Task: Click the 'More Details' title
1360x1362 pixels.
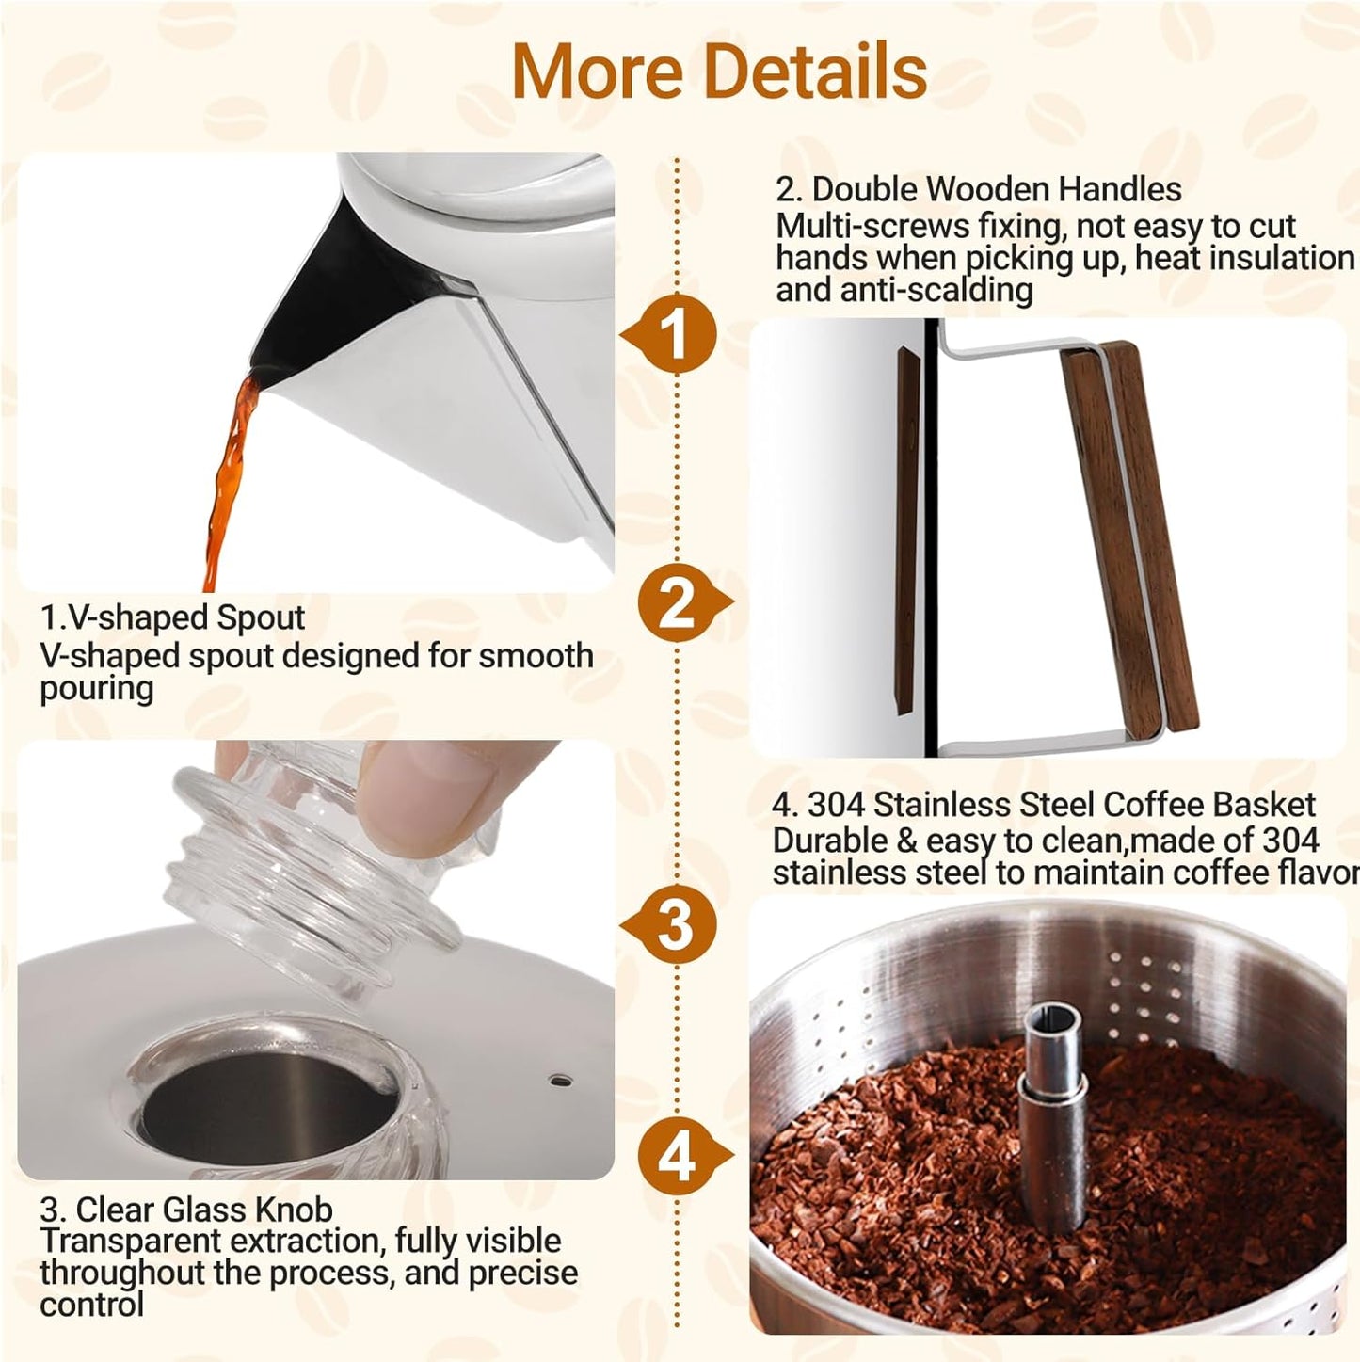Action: click(x=719, y=72)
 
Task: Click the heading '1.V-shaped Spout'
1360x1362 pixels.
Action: click(x=172, y=617)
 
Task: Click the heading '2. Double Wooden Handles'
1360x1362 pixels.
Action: click(x=978, y=189)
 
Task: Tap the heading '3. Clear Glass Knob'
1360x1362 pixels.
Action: click(x=186, y=1210)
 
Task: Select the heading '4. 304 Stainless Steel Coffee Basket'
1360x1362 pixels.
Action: click(x=1043, y=805)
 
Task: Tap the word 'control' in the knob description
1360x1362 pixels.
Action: click(x=91, y=1305)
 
